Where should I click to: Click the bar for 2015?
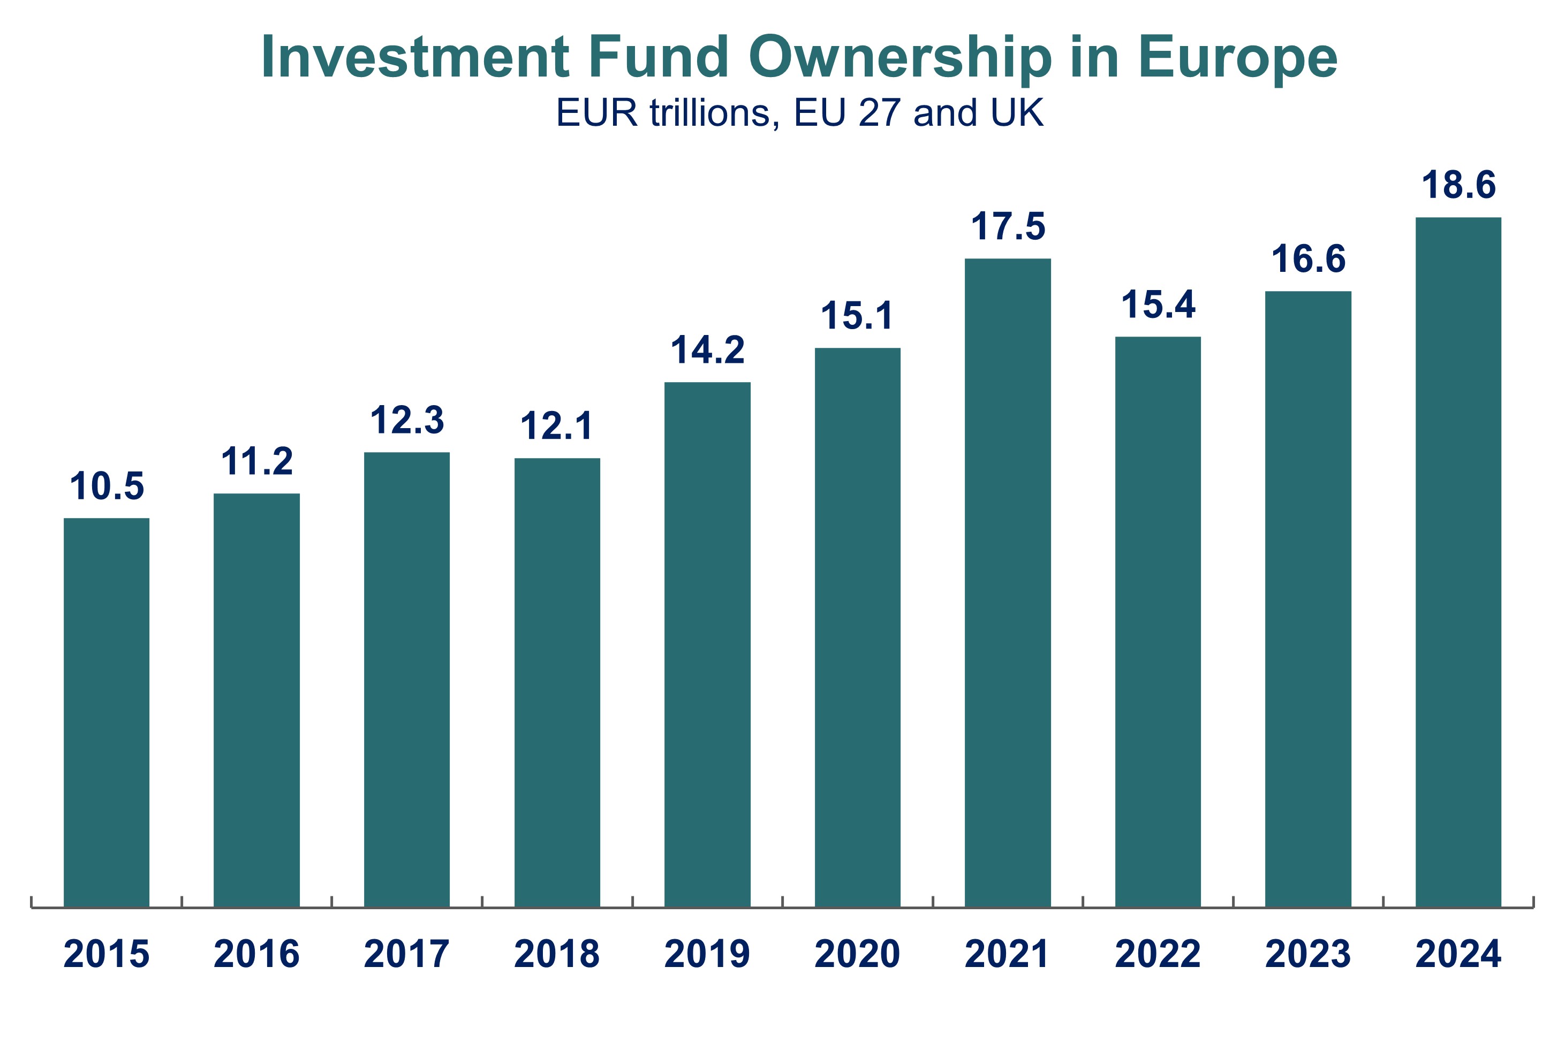(107, 712)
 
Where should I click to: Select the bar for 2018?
(557, 682)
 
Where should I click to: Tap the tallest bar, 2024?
(1458, 562)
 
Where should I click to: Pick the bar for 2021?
(1008, 582)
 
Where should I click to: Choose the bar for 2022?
(1158, 622)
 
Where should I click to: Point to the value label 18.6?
(1458, 185)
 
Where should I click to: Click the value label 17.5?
(1008, 226)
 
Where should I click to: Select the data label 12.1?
(557, 426)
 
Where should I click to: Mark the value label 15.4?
(1158, 304)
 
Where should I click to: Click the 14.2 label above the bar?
(707, 350)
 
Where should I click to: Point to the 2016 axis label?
(257, 954)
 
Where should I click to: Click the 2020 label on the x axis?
(857, 954)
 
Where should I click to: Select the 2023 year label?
(1308, 954)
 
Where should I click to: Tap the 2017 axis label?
(406, 954)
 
